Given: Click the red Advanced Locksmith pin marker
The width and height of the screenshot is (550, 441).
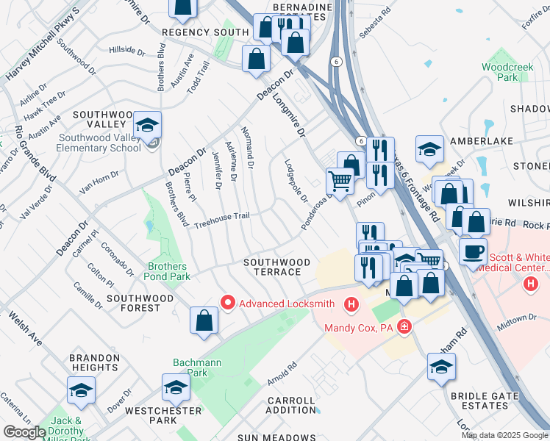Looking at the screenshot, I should [228, 303].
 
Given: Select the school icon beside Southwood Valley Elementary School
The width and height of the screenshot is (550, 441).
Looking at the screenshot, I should [148, 127].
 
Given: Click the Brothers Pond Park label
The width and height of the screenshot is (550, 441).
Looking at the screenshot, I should [169, 271].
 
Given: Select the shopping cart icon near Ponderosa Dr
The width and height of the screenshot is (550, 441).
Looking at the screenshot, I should [340, 179].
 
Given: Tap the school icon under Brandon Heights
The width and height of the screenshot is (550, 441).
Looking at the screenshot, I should [81, 391].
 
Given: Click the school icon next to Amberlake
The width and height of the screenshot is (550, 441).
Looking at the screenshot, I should [429, 150].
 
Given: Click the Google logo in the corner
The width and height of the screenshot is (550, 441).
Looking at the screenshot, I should [24, 431].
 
